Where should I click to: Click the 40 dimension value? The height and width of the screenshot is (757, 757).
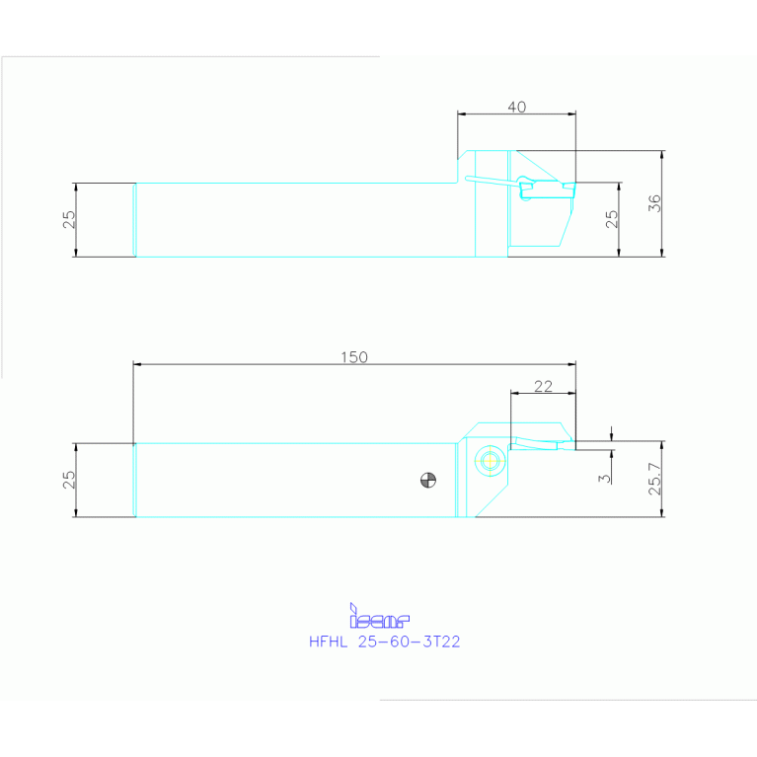[516, 107]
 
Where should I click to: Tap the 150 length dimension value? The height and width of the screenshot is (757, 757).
[354, 357]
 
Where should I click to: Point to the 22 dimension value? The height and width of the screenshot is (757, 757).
[543, 387]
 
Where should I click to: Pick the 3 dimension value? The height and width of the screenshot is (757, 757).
[605, 478]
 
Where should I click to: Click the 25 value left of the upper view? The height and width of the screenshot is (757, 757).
[69, 219]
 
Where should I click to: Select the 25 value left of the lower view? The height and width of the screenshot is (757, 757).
[69, 480]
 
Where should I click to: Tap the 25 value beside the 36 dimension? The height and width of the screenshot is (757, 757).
[612, 219]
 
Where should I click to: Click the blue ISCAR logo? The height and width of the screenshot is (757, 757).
[379, 618]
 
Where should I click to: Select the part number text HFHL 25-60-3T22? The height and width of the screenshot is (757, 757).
[385, 642]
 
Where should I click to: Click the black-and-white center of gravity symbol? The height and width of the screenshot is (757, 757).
[427, 481]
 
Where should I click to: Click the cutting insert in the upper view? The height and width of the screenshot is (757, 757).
[542, 187]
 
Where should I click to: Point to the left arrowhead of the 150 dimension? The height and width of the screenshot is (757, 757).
[137, 365]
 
